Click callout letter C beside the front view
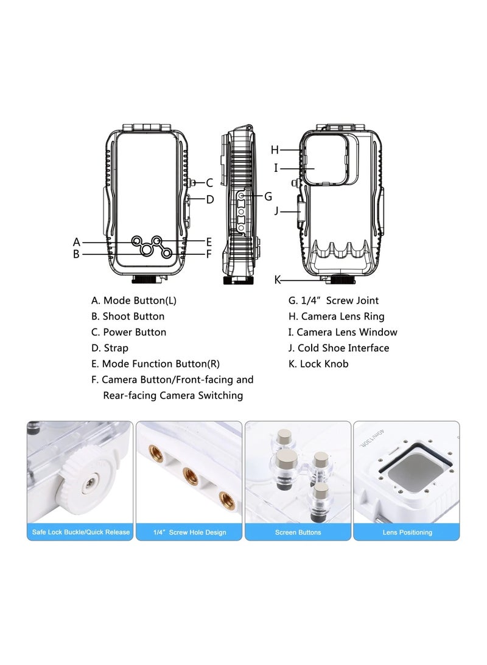[x=209, y=182]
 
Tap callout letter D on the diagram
[x=209, y=199]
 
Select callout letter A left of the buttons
[x=77, y=241]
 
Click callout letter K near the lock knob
[x=277, y=280]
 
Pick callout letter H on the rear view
[x=275, y=149]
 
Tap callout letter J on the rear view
[x=276, y=211]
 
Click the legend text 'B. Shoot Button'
[x=128, y=316]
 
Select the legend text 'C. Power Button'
[x=128, y=332]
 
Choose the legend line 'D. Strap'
[x=110, y=348]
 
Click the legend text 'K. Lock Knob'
[x=318, y=364]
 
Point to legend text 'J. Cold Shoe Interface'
[x=338, y=348]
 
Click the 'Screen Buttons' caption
[x=298, y=532]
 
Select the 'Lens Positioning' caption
[x=407, y=532]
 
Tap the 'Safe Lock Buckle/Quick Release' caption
[x=80, y=532]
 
